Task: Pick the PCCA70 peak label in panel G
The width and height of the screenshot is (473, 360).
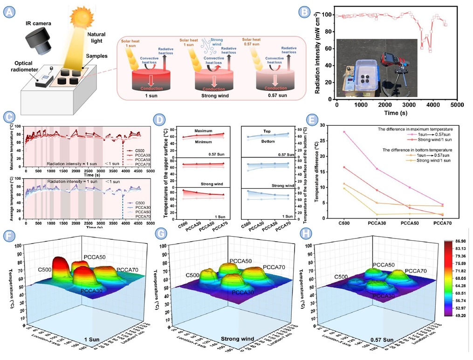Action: click(x=275, y=267)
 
